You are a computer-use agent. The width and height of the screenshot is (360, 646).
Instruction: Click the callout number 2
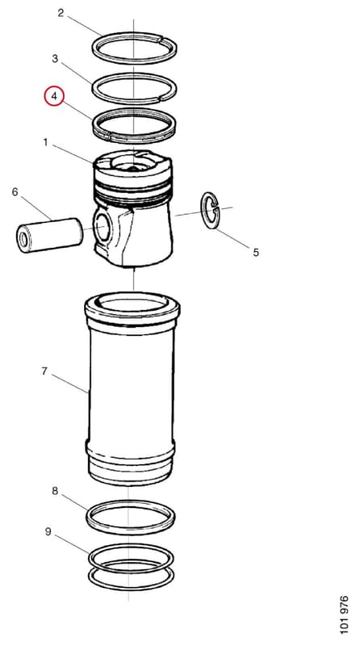click(61, 13)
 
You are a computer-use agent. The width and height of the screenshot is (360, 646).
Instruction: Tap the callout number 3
click(55, 58)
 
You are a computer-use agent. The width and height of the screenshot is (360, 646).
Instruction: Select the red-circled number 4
click(54, 97)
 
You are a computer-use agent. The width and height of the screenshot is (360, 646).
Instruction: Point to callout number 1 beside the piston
click(45, 143)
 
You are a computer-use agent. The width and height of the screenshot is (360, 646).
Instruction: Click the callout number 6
click(15, 191)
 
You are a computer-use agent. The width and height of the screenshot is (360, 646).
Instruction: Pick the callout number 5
click(256, 252)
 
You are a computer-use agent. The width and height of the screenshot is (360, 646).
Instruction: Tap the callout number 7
click(44, 371)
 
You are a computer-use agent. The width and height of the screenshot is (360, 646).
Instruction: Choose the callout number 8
click(55, 491)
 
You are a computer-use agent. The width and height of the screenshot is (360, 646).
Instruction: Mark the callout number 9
click(48, 532)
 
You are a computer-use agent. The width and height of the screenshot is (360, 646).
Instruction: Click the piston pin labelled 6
click(49, 235)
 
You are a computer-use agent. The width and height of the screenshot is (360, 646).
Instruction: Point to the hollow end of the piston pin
click(23, 240)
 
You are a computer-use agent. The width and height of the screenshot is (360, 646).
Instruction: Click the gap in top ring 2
click(162, 40)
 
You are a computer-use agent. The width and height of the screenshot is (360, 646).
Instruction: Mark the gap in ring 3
click(163, 99)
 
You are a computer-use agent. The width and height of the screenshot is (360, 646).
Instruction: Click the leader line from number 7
click(70, 384)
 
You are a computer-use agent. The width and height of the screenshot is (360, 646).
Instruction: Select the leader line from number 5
click(233, 238)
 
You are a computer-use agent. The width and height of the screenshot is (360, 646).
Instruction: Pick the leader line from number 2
click(85, 26)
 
